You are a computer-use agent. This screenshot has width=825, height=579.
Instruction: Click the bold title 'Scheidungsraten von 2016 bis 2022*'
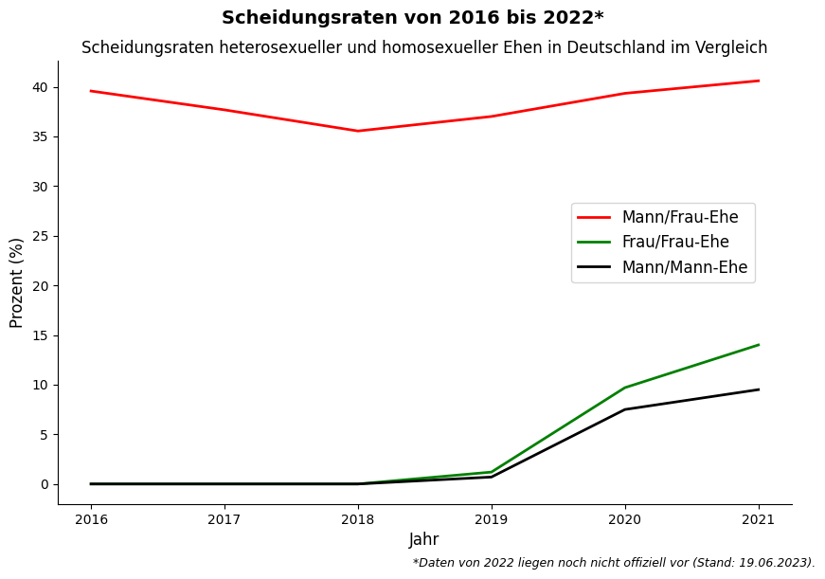pos(412,18)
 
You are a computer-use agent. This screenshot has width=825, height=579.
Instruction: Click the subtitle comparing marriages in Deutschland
pos(424,47)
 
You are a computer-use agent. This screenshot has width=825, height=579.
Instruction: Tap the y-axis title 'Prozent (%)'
pos(17,282)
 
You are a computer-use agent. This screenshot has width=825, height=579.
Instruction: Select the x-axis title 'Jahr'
pos(423,540)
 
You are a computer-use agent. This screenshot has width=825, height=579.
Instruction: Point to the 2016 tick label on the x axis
pos(91,519)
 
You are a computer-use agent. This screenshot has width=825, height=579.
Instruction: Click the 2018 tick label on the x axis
pos(358,519)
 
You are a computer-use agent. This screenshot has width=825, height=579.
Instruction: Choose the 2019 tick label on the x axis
pos(492,519)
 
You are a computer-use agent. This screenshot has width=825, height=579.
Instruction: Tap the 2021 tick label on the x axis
pos(758,519)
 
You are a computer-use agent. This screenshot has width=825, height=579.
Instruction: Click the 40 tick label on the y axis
pos(40,87)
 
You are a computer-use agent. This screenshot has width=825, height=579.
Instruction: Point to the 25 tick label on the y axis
pos(40,236)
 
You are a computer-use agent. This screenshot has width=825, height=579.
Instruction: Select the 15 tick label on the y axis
pos(40,335)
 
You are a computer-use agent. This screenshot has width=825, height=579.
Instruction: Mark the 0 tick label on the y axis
pos(44,484)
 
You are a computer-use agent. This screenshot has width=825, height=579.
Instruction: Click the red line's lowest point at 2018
pos(358,131)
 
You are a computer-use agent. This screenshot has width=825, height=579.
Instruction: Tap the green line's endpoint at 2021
pos(758,345)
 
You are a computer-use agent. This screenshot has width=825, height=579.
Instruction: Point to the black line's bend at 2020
pos(625,409)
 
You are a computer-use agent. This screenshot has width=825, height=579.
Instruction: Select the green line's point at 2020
pos(625,388)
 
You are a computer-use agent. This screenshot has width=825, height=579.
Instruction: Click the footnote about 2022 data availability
pos(613,563)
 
